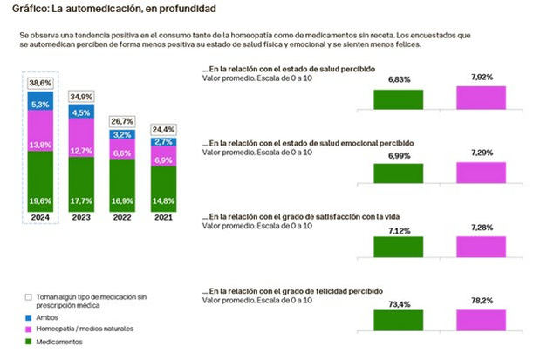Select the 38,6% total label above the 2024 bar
40,83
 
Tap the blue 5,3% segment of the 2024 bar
40,105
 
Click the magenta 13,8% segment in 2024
40,144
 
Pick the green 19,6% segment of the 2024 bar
40,199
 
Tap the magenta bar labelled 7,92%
480,98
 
